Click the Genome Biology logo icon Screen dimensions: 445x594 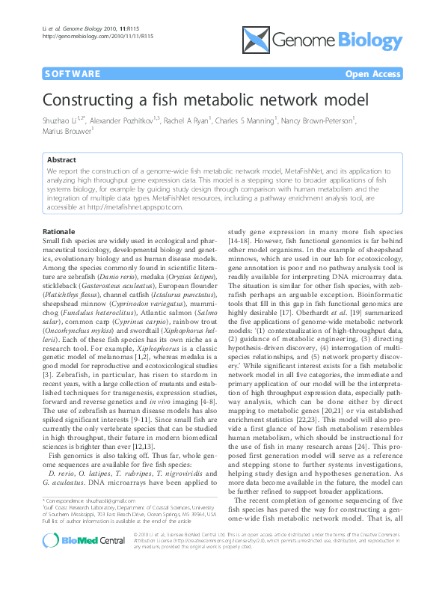256,40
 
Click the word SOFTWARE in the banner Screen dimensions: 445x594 72,74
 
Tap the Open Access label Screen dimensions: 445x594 372,74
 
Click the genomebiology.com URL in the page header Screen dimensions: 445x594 87,35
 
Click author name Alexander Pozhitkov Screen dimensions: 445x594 126,120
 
